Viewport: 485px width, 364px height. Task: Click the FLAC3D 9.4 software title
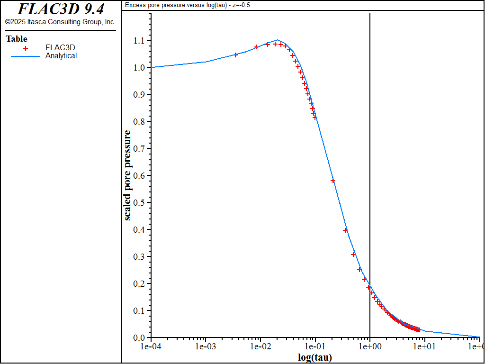coord(60,9)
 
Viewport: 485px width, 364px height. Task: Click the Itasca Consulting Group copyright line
coord(60,22)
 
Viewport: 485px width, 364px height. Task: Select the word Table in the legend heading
coord(17,39)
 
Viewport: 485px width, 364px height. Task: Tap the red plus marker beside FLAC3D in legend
coord(26,48)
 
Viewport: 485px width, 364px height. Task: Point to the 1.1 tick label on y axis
coord(140,40)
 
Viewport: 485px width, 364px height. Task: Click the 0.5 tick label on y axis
coord(140,203)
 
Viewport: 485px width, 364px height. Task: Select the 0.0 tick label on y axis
coord(140,338)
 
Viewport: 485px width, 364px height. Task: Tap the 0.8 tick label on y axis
coord(140,122)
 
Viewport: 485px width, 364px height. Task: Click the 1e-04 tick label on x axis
coord(151,346)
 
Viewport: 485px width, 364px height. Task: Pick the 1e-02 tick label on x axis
coord(260,346)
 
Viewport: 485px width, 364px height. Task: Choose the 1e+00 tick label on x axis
coord(370,346)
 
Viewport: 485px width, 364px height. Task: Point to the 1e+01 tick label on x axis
coord(424,346)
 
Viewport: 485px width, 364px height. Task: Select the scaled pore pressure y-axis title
coord(128,175)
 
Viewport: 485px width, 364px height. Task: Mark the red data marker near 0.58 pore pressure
coord(332,181)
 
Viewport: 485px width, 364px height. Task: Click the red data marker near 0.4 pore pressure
coord(345,230)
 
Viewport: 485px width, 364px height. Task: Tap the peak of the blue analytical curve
coord(278,40)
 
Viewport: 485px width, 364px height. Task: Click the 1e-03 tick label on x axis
coord(205,346)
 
